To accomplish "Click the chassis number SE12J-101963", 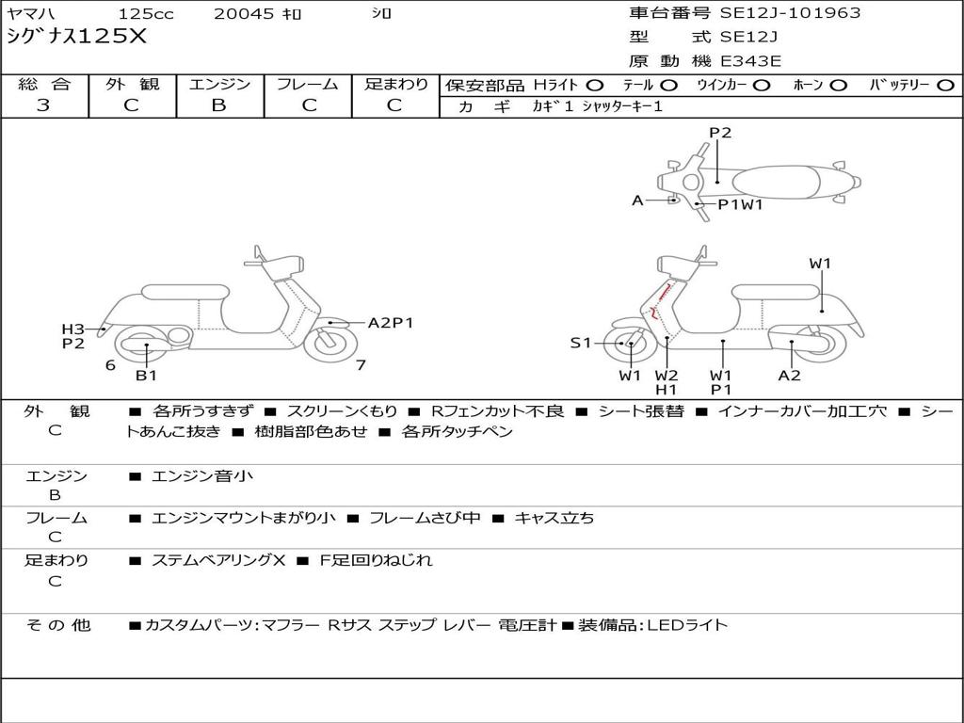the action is pos(790,13).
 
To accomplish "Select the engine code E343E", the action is pos(750,61).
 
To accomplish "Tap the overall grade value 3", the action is pos(43,105).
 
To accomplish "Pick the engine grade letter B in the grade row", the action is pos(218,105).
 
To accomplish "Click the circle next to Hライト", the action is pos(595,86).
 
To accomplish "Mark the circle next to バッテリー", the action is pos(945,86).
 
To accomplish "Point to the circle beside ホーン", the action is pos(838,86).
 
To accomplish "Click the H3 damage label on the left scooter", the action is pos(72,329).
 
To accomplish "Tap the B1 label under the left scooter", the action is pos(146,375).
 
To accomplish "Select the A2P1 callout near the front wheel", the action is pos(391,323).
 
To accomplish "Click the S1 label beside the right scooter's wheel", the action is pos(580,343).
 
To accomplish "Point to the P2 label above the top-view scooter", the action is pos(720,133).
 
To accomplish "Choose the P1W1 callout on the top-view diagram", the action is pos(740,204).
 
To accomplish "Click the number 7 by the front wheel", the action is pos(361,365).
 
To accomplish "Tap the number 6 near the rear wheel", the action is pos(111,365).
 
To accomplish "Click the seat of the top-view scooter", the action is pos(776,183).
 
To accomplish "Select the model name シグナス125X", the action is pos(77,37).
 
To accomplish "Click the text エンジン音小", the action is pos(202,475).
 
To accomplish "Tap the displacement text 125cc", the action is pos(146,13).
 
